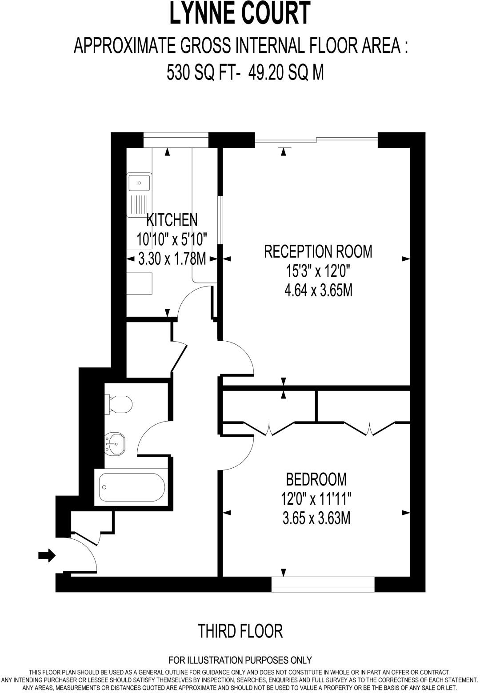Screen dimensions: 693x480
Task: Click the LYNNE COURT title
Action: point(240,14)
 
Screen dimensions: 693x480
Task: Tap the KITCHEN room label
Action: point(172,220)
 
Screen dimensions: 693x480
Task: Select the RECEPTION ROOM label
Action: point(318,251)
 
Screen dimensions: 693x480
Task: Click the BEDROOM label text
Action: point(316,479)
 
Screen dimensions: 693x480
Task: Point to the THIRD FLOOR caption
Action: point(240,631)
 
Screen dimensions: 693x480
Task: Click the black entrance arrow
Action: point(47,555)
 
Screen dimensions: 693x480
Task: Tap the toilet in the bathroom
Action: point(119,404)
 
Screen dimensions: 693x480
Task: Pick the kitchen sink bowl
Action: point(139,182)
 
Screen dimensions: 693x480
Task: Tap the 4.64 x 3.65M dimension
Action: point(318,291)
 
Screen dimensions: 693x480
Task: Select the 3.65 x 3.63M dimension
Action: point(316,518)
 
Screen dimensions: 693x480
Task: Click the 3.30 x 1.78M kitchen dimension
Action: point(172,259)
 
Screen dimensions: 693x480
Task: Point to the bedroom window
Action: point(323,584)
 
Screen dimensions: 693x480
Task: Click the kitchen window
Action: point(176,140)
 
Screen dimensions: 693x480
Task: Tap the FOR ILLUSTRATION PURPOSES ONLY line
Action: point(240,660)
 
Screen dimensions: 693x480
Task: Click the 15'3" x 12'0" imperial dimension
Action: point(318,271)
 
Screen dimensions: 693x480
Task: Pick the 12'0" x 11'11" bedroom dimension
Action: point(316,499)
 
